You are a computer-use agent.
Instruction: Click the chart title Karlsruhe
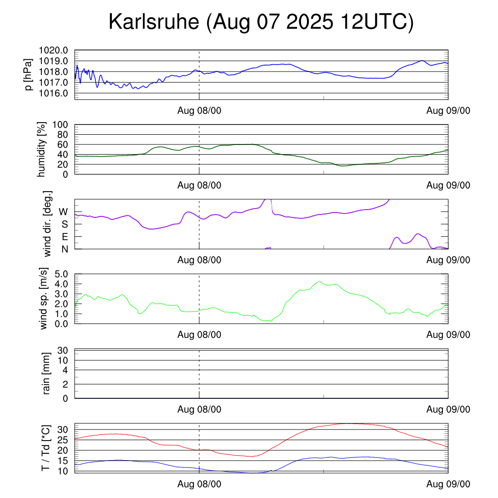[x=261, y=22]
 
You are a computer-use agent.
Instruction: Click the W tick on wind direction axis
[x=64, y=212]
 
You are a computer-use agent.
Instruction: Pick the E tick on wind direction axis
[x=65, y=237]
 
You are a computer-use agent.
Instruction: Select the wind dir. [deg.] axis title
[x=47, y=224]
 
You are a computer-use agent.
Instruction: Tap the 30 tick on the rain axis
[x=62, y=351]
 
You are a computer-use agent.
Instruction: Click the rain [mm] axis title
[x=47, y=373]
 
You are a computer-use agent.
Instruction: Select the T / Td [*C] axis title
[x=45, y=448]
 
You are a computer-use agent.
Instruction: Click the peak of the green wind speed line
[x=320, y=282]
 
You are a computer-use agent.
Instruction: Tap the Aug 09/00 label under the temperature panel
[x=448, y=484]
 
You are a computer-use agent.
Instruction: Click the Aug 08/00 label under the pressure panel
[x=199, y=111]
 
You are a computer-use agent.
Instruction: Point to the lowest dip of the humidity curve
[x=343, y=166]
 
